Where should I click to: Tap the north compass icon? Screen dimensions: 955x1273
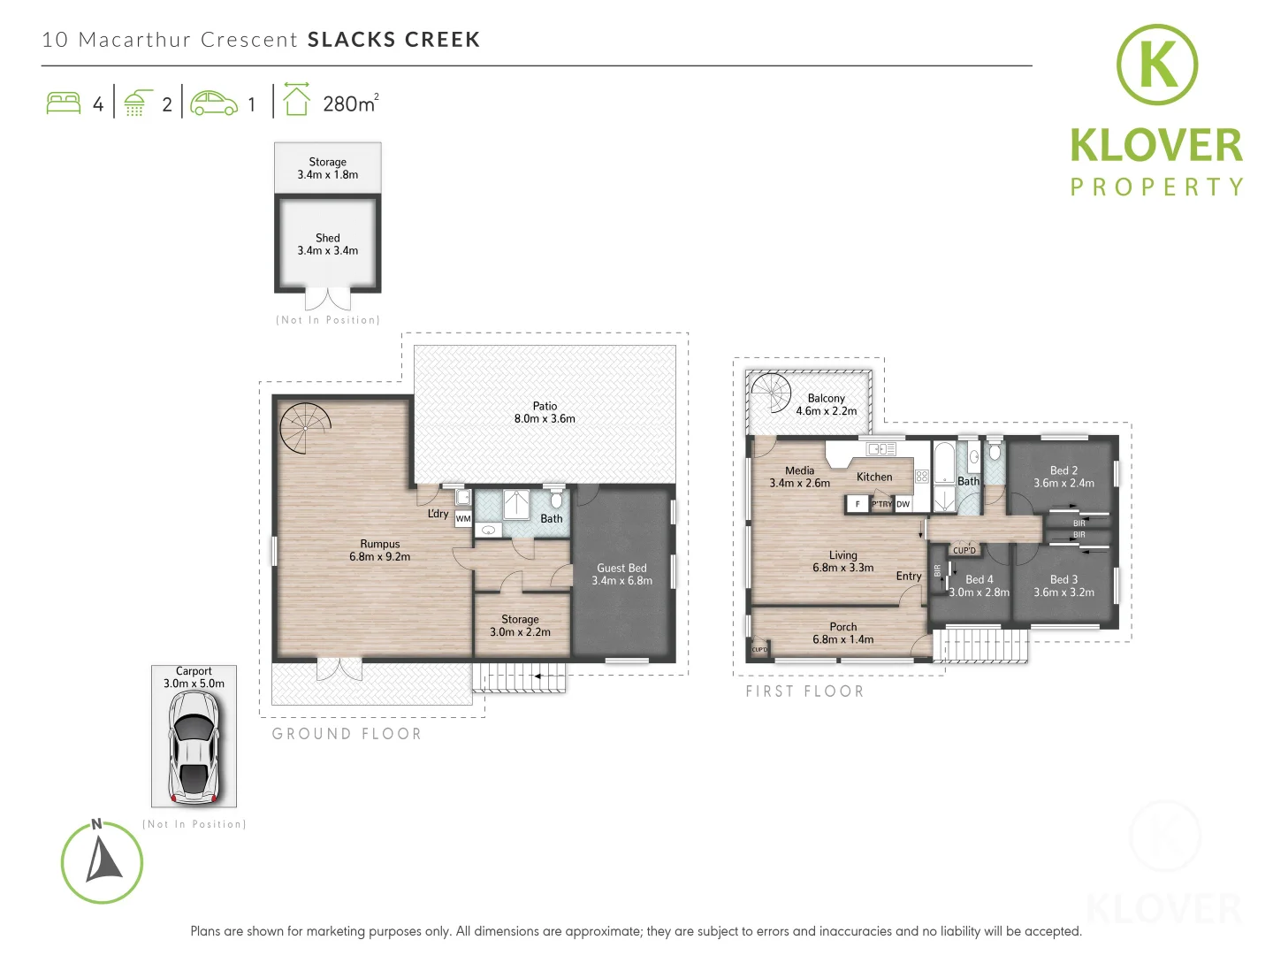pos(102,862)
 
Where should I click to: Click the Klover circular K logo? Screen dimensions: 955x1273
pos(1156,65)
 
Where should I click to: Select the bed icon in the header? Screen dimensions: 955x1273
pos(63,103)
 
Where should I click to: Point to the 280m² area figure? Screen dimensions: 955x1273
pos(350,103)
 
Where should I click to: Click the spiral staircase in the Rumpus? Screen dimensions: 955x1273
pos(304,428)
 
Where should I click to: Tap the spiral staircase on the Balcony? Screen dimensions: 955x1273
pos(769,393)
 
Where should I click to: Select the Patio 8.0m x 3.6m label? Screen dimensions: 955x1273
pos(545,413)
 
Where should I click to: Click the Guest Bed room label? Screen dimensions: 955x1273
pos(621,575)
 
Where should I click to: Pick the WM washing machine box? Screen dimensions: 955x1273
pos(463,519)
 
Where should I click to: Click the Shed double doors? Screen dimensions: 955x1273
pos(328,299)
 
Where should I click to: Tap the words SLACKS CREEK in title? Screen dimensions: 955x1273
pos(393,40)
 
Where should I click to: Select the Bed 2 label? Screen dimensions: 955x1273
pos(1063,477)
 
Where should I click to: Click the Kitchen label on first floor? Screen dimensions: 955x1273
pos(874,477)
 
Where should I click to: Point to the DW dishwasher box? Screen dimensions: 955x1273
pos(903,504)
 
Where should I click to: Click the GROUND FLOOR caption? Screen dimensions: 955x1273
pos(347,734)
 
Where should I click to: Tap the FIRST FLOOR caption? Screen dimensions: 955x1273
pos(804,691)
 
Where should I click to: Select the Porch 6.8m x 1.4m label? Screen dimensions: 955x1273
pos(842,633)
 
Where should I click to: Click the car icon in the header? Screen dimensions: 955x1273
pos(214,103)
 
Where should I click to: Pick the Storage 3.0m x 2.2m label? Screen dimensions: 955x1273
pos(520,626)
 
